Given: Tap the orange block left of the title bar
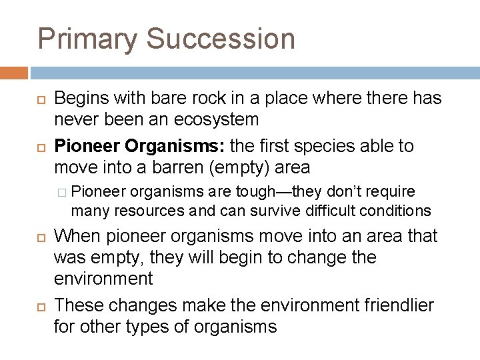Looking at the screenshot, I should tap(14, 72).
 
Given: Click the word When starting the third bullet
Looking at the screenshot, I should tap(77, 236).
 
